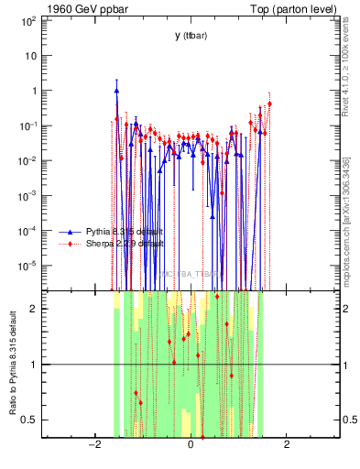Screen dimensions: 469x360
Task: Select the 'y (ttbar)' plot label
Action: coord(191,36)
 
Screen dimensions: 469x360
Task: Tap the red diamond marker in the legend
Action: coord(70,245)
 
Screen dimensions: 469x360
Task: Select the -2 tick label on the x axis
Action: coord(93,446)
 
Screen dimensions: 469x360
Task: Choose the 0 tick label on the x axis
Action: coord(190,446)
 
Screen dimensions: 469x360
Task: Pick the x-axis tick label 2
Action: coord(287,446)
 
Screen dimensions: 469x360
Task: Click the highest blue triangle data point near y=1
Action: coord(116,91)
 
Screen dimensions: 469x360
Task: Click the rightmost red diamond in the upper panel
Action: coord(269,104)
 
